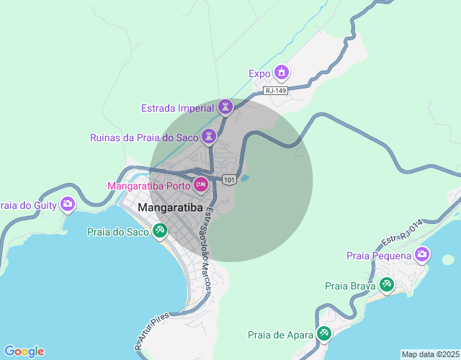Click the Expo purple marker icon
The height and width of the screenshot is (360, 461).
point(282,73)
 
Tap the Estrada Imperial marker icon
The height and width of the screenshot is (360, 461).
point(226,107)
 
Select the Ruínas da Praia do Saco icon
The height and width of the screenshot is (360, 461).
point(210,136)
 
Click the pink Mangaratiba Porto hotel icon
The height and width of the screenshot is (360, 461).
point(201,185)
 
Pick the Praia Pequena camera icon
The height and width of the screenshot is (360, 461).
point(422,254)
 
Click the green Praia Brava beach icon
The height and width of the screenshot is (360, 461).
point(387,285)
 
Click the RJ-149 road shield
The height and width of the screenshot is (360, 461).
point(275,91)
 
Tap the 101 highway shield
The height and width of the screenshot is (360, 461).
point(229,179)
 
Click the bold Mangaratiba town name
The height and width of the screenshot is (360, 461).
point(170,209)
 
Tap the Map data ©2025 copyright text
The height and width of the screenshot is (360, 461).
point(429,354)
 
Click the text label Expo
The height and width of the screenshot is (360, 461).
point(259,73)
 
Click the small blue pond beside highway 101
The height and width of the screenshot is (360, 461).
point(244,177)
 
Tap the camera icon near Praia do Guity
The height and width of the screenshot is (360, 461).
point(68,204)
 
